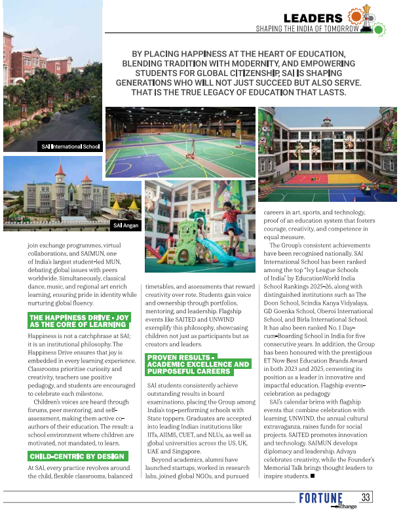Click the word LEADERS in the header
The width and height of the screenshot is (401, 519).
tap(313, 18)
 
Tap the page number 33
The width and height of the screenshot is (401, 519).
tap(366, 497)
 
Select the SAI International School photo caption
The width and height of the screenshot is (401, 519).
tap(69, 146)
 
